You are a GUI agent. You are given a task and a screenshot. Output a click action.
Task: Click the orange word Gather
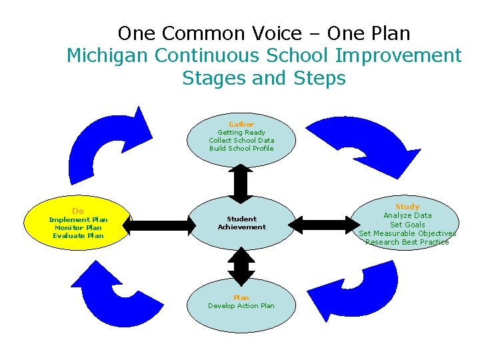click(x=241, y=125)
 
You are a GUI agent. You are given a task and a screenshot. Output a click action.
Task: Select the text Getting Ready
click(x=241, y=133)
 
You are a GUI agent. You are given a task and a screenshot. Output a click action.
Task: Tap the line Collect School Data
click(x=241, y=141)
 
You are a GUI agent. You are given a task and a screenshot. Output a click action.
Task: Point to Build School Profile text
click(x=241, y=149)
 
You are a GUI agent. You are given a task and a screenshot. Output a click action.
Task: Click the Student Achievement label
click(x=241, y=223)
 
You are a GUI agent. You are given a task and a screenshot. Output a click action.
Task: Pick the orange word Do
click(x=78, y=211)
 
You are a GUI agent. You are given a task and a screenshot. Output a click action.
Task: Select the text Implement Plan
click(x=78, y=219)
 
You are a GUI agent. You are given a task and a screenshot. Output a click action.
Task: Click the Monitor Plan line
click(x=78, y=227)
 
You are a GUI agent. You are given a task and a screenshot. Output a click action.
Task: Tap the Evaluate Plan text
click(x=78, y=235)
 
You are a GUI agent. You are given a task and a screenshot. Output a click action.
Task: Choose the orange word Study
click(x=407, y=207)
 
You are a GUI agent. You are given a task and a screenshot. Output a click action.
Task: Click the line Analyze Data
click(x=407, y=215)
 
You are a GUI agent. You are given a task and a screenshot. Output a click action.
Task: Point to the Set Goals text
click(x=407, y=225)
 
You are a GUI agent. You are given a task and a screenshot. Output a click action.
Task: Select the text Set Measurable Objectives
click(x=407, y=233)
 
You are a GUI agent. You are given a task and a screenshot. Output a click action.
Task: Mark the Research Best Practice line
click(x=407, y=242)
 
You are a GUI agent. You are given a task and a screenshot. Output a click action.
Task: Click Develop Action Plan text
click(x=241, y=306)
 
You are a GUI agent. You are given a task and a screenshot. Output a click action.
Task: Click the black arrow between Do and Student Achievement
click(x=159, y=225)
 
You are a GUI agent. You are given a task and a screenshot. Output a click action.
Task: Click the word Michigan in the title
click(x=108, y=55)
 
